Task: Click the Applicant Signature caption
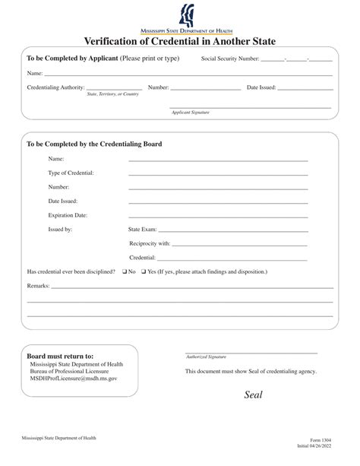coord(190,112)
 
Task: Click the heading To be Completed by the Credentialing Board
coord(94,143)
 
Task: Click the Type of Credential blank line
coord(218,175)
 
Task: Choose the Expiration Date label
coord(68,215)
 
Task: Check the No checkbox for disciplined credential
coord(125,271)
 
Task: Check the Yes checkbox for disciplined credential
coord(142,271)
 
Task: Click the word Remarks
coord(38,286)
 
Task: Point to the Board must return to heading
coord(61,355)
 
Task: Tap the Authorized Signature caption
coord(206,356)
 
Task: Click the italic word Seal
coord(253,395)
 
